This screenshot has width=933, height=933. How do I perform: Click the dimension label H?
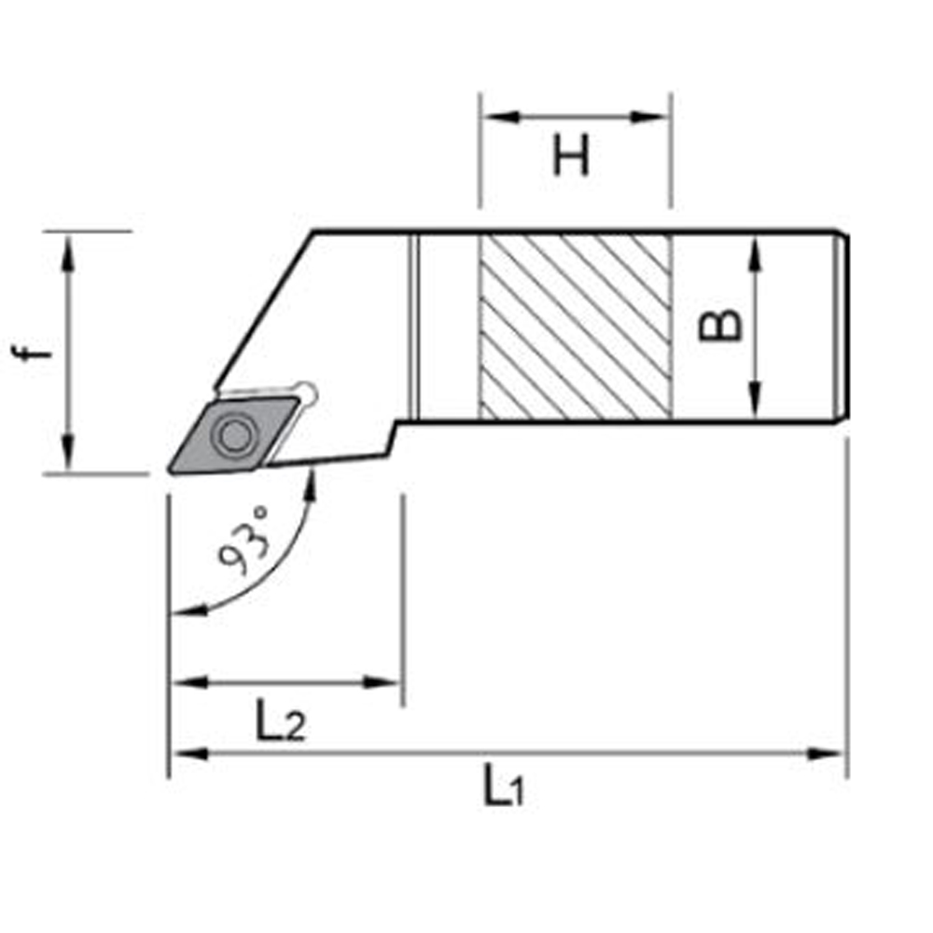[571, 156]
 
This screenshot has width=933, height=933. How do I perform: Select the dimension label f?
[34, 352]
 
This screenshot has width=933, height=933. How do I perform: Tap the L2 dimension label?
[280, 722]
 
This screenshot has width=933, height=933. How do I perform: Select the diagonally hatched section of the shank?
[575, 327]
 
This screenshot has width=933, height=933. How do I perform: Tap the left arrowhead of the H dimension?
[493, 118]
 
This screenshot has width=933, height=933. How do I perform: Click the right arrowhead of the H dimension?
[657, 118]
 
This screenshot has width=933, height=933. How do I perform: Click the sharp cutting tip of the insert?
[171, 469]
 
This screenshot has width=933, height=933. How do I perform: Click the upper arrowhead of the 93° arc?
[310, 481]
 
